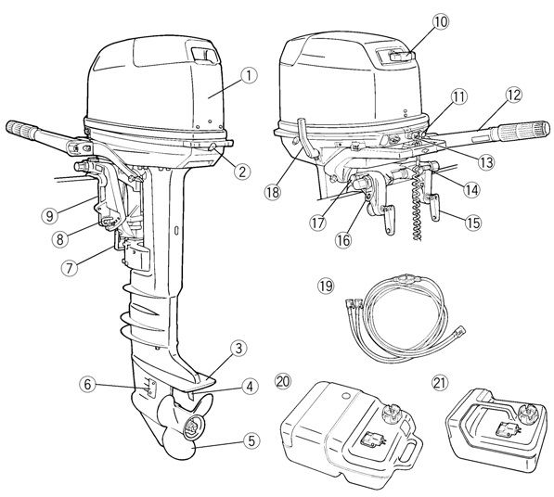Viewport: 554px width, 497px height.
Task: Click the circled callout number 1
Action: pyautogui.click(x=250, y=76)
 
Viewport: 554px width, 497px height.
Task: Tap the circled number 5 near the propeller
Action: pyautogui.click(x=251, y=441)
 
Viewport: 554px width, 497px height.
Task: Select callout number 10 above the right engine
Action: pyautogui.click(x=441, y=22)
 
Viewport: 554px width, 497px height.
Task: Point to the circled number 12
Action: pyautogui.click(x=514, y=95)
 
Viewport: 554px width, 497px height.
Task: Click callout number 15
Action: pyautogui.click(x=472, y=223)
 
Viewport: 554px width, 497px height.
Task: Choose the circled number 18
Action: pyautogui.click(x=273, y=192)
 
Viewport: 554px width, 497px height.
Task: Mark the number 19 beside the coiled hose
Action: pyautogui.click(x=326, y=286)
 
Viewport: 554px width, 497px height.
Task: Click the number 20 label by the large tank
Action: pyautogui.click(x=283, y=381)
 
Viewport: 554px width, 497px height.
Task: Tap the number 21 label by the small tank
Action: pyautogui.click(x=440, y=382)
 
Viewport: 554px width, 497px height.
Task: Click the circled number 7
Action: pyautogui.click(x=70, y=268)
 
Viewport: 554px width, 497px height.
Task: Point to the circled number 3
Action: pyautogui.click(x=238, y=348)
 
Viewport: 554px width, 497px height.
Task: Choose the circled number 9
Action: pyautogui.click(x=49, y=215)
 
